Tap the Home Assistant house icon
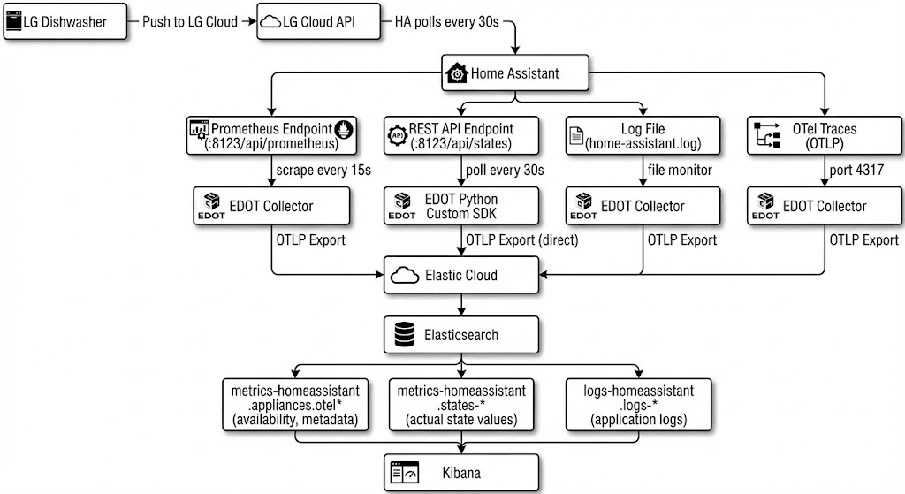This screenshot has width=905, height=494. (457, 73)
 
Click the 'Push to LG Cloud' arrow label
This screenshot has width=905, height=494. (190, 22)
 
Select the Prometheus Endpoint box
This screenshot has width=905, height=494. (271, 136)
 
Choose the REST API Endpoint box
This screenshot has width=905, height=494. (460, 136)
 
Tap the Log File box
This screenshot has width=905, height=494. (642, 136)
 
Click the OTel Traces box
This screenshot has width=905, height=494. (824, 136)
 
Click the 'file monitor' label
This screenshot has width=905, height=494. (679, 170)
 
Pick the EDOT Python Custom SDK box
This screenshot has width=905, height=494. (460, 206)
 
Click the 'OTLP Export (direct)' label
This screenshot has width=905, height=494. (521, 239)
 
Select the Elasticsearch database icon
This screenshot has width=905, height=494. (402, 335)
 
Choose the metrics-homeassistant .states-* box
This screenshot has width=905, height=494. (460, 405)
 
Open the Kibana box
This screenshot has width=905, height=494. (460, 474)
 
